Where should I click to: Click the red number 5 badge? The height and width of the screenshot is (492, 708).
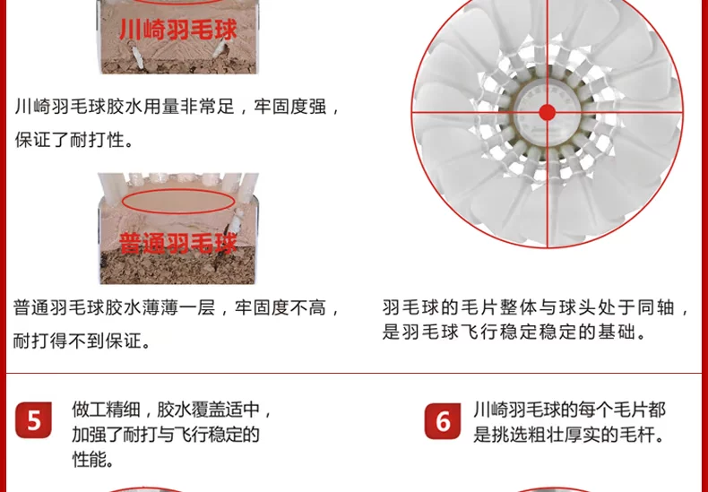tap(33, 420)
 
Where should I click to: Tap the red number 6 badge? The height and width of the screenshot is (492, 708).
tap(443, 421)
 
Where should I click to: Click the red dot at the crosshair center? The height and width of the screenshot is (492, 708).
tap(548, 112)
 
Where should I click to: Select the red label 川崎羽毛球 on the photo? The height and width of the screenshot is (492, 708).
tap(178, 30)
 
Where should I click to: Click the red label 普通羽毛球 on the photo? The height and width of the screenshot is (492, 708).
tap(178, 244)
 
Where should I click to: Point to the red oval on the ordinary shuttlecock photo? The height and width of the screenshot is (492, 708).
tap(178, 202)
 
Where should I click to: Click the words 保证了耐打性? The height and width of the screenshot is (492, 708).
tap(74, 140)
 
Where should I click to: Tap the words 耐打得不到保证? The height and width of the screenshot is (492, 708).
tap(82, 341)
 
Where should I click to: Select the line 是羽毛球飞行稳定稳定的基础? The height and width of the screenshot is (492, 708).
tap(515, 332)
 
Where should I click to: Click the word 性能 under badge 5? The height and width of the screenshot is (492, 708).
tap(93, 459)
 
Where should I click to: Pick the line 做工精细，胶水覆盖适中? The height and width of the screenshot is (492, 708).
tap(172, 410)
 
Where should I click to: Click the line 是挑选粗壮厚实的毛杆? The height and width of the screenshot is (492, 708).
tap(570, 435)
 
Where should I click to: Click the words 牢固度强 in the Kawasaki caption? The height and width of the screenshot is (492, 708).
tap(289, 107)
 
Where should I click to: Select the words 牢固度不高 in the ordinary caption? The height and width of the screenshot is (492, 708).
tap(280, 308)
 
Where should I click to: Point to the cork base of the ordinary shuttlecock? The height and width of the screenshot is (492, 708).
tap(178, 267)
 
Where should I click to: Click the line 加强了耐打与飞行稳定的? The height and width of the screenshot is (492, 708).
tap(166, 435)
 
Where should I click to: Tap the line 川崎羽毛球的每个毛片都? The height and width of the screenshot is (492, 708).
tap(569, 410)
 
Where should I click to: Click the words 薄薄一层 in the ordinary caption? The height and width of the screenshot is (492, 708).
tap(178, 308)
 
